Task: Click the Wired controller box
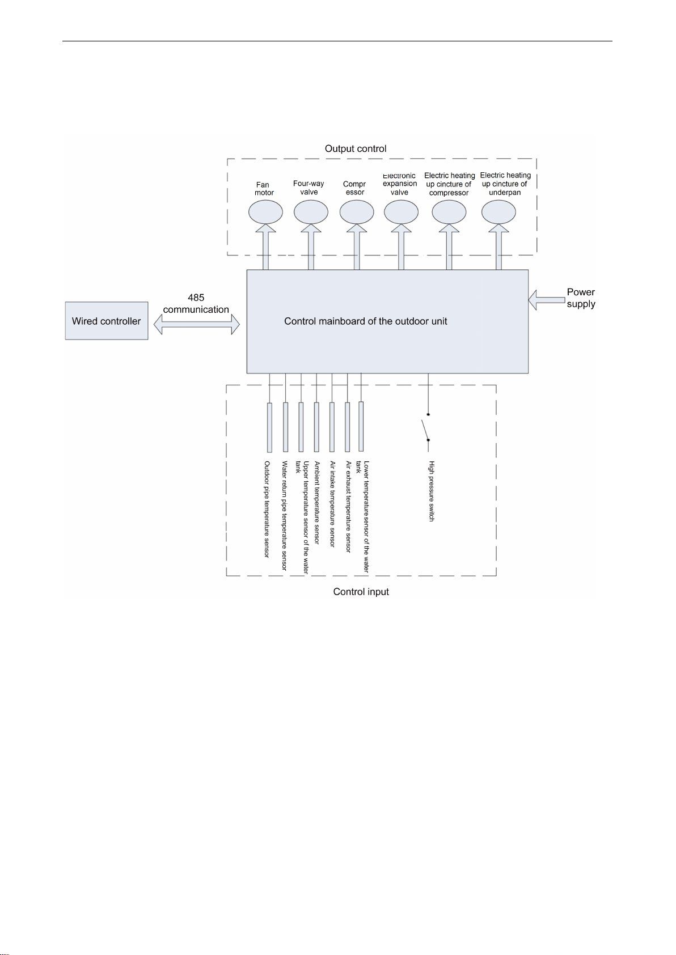[x=107, y=321]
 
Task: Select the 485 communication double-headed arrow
[x=197, y=324]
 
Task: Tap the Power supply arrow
[x=546, y=300]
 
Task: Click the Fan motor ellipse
[x=266, y=212]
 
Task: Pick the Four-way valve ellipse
[x=311, y=212]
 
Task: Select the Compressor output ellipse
[x=357, y=212]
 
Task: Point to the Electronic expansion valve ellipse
[x=402, y=212]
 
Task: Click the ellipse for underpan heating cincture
[x=498, y=212]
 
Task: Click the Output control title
[x=356, y=149]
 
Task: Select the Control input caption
[x=361, y=592]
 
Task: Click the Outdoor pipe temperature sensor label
[x=267, y=509]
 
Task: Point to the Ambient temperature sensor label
[x=316, y=503]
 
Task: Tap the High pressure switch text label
[x=431, y=491]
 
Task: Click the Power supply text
[x=581, y=298]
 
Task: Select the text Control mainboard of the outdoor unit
[x=366, y=321]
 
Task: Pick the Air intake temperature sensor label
[x=332, y=504]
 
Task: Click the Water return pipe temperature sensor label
[x=285, y=515]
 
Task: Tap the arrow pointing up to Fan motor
[x=266, y=247]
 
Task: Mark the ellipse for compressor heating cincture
[x=449, y=212]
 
